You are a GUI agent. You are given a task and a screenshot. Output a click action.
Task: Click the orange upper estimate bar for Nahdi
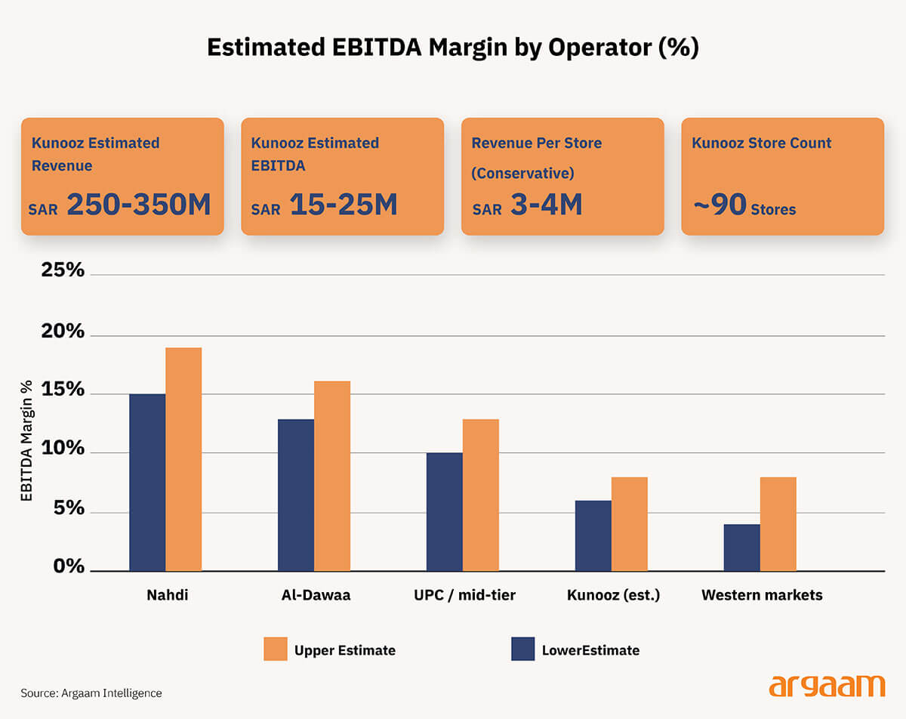183,459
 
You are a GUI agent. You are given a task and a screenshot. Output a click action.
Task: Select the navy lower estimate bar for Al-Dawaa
296,495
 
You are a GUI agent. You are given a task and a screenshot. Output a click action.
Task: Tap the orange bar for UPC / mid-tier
481,495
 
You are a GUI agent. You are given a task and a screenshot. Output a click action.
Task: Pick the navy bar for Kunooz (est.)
593,535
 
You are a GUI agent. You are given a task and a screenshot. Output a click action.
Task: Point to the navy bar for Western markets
741,548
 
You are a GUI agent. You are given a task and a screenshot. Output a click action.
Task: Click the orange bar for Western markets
778,524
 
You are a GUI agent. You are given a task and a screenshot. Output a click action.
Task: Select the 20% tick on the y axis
62,332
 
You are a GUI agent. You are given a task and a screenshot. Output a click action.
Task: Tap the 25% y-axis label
62,270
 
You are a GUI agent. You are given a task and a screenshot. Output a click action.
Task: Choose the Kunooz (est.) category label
613,595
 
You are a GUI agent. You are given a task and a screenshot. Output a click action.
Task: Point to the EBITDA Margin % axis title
27,440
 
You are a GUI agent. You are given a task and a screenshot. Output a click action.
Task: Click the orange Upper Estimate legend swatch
276,649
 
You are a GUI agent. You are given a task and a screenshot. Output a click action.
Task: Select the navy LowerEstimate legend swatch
522,649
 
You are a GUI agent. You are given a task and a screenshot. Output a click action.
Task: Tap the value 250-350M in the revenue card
139,205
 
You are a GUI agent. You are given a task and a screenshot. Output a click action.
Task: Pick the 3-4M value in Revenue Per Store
546,205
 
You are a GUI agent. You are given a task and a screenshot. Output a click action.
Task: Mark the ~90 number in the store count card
719,205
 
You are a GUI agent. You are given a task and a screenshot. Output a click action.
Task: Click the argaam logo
826,686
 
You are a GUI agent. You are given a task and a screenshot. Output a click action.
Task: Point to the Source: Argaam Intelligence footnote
91,693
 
